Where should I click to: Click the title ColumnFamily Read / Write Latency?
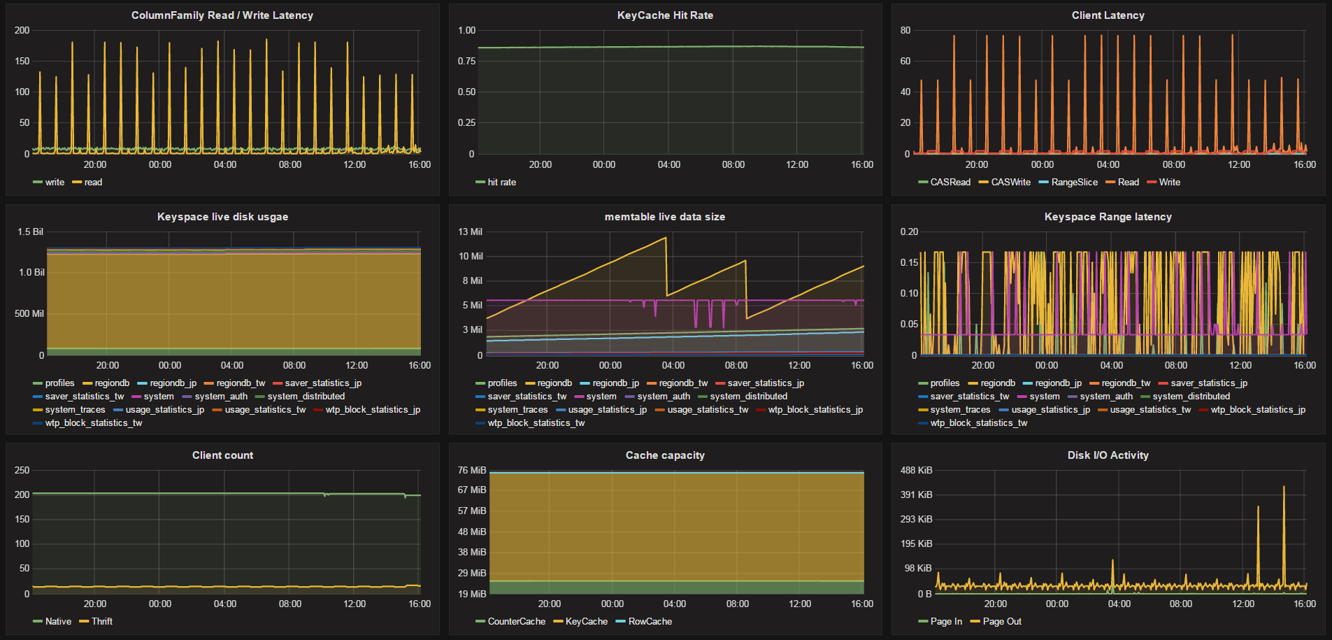click(222, 15)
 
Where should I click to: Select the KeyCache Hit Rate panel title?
click(665, 15)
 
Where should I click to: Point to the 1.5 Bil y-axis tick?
click(31, 232)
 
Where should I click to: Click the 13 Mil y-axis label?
click(471, 232)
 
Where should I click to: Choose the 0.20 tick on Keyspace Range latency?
click(909, 232)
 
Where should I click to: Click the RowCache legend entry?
click(644, 622)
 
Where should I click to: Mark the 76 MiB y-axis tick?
click(472, 471)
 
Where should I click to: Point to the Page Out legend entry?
click(996, 622)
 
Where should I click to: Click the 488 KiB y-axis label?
click(917, 471)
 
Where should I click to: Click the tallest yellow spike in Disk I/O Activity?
click(1284, 487)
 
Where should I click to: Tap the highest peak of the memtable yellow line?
click(665, 238)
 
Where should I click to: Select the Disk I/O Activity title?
click(1108, 455)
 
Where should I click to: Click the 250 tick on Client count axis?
click(22, 471)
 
